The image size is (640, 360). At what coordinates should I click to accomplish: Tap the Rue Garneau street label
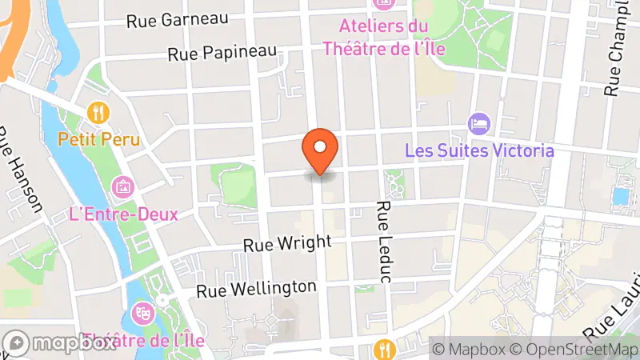[178, 19]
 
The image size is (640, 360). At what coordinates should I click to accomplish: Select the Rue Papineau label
[222, 53]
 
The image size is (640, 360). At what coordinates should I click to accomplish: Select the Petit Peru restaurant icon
[99, 112]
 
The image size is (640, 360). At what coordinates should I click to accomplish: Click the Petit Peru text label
[99, 139]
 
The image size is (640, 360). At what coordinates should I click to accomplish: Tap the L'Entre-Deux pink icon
[123, 187]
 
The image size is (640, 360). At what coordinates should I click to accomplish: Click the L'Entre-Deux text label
[123, 214]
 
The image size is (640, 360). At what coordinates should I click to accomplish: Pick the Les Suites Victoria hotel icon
[479, 123]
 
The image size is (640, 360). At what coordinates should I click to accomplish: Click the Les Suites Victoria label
[479, 150]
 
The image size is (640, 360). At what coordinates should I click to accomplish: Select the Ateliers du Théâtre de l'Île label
[383, 37]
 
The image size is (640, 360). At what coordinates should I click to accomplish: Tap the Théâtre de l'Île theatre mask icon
[144, 311]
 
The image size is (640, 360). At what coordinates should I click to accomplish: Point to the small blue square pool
[620, 196]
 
